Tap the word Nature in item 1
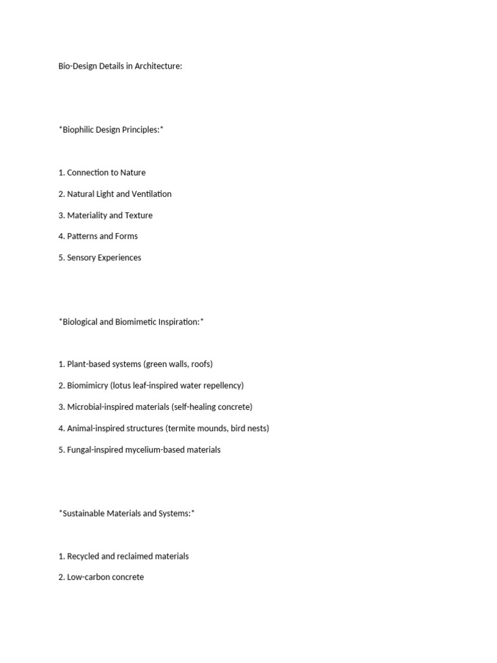132,173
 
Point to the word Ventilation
151,194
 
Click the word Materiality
87,216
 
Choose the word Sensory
82,258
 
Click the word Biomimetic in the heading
137,322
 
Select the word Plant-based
88,365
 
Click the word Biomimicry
87,386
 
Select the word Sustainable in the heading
83,513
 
